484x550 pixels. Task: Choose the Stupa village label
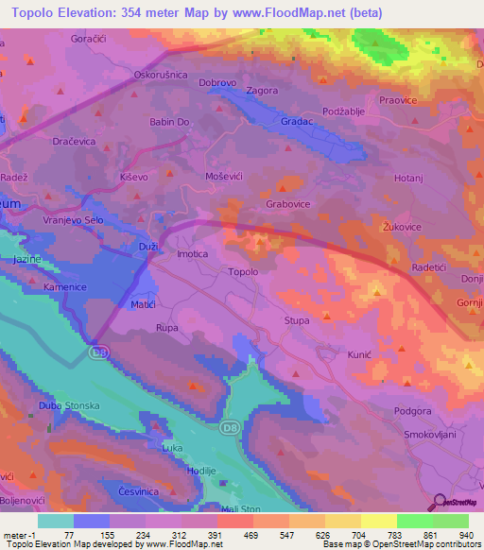click(x=297, y=321)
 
